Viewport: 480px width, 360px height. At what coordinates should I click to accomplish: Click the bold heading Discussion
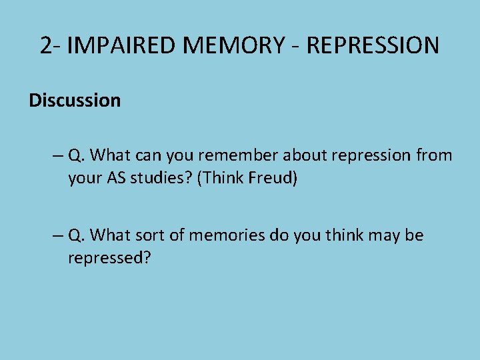point(75,101)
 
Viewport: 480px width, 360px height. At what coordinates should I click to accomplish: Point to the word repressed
point(109,259)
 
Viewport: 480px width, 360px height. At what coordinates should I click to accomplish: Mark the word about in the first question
point(302,155)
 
